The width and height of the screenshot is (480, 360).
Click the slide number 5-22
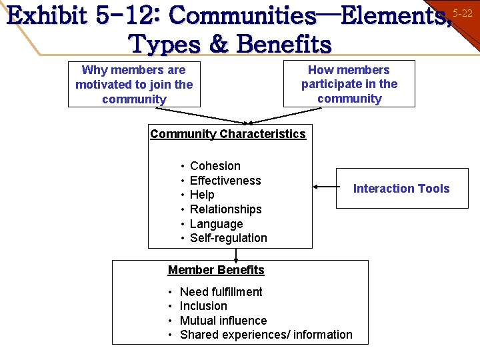[463, 13]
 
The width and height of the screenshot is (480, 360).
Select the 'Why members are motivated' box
[134, 85]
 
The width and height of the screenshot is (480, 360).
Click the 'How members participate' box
[349, 84]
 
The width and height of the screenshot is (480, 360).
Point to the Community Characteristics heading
[228, 134]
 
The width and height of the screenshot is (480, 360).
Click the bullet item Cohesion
[215, 166]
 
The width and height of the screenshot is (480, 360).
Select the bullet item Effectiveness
[225, 181]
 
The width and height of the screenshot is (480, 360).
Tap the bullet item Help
[202, 195]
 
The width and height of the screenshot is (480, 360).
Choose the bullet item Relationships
[225, 209]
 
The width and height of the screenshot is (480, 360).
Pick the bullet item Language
[216, 224]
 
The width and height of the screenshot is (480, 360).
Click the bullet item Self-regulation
[228, 238]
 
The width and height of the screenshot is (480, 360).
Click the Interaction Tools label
[401, 189]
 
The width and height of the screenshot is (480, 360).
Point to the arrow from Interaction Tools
[325, 187]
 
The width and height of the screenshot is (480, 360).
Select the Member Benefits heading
[216, 270]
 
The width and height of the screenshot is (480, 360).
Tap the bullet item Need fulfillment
[221, 292]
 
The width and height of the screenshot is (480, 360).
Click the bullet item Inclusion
[203, 306]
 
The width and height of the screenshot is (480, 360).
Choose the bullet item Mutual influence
[223, 321]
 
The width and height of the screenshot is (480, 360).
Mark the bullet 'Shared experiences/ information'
[266, 335]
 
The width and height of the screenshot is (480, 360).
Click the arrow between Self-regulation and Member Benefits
[237, 254]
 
